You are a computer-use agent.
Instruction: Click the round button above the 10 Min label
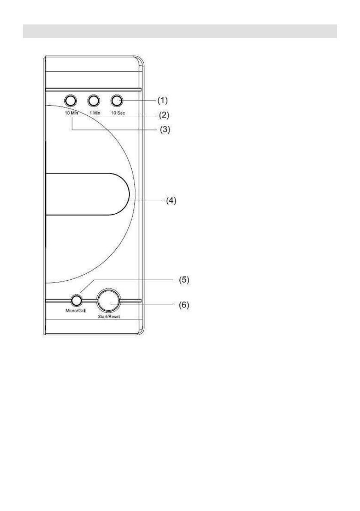(x=70, y=101)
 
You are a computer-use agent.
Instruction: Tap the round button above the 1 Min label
(x=94, y=101)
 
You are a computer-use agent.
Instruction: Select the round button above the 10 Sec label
(x=116, y=101)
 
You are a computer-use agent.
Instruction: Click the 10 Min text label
(x=71, y=113)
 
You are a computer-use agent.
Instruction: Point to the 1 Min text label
(x=95, y=113)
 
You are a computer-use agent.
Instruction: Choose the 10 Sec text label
(x=118, y=113)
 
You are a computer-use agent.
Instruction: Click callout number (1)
(x=163, y=100)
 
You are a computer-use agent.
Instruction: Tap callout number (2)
(x=163, y=115)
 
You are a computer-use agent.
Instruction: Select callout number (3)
(x=165, y=130)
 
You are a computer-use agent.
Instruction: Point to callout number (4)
(x=171, y=201)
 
